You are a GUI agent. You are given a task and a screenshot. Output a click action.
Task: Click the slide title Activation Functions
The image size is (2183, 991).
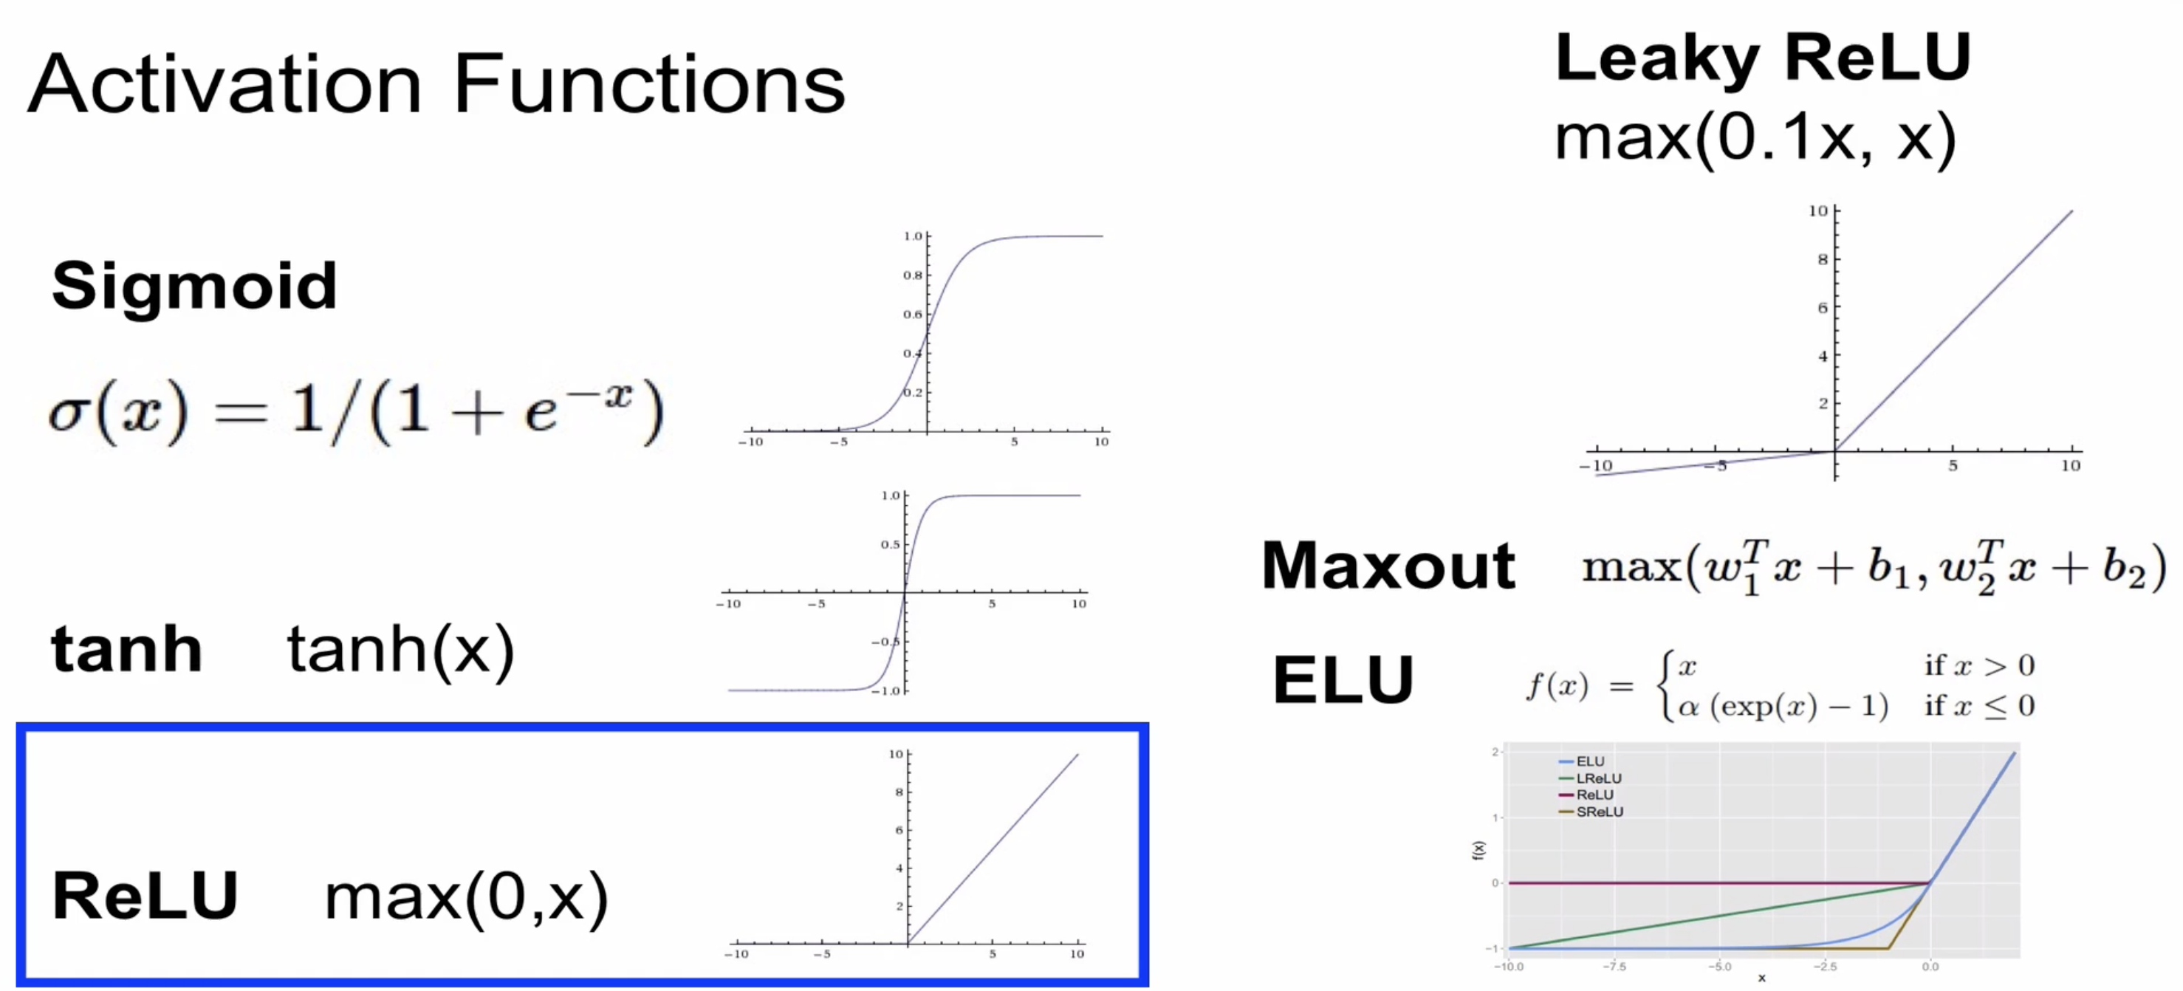(436, 84)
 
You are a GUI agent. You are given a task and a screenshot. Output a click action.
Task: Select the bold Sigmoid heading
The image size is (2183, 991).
(194, 285)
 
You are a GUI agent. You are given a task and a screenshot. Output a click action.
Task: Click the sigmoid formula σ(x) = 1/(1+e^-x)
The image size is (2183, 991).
(356, 412)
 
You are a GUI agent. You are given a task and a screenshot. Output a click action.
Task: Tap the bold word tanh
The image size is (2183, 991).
(127, 649)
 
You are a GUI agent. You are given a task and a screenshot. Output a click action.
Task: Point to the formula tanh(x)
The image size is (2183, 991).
(401, 649)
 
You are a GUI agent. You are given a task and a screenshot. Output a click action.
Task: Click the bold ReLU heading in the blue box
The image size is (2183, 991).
(145, 895)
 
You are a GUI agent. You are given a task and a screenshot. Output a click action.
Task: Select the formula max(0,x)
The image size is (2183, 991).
(466, 897)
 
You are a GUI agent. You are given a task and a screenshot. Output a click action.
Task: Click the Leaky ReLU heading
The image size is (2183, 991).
(1763, 58)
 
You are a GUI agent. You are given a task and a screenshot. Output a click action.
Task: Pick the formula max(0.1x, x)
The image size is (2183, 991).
(1754, 137)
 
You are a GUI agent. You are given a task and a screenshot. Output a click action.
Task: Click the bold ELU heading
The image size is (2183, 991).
(1343, 680)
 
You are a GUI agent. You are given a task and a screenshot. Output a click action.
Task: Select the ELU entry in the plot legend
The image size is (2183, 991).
(1590, 761)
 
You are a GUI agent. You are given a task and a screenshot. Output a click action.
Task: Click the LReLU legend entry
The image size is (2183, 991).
(1598, 778)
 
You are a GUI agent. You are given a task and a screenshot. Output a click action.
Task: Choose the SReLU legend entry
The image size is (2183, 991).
(1599, 812)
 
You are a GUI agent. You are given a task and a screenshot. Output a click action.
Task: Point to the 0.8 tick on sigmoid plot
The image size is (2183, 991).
(912, 275)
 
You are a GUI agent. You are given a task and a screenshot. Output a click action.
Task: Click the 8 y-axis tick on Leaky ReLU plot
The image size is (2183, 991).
(1822, 259)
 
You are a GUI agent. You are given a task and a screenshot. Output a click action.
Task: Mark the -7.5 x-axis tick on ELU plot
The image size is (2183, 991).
(1614, 967)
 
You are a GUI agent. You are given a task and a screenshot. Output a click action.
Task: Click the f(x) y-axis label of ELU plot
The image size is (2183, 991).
(1478, 849)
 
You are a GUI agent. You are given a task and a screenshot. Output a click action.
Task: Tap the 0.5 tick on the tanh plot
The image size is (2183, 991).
(890, 544)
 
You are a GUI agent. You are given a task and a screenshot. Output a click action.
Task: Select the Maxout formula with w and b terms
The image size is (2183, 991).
(1873, 566)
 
